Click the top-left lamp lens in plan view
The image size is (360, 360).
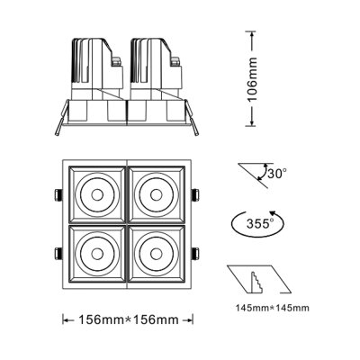tap(95, 193)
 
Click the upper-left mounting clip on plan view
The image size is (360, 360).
tap(56, 195)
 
